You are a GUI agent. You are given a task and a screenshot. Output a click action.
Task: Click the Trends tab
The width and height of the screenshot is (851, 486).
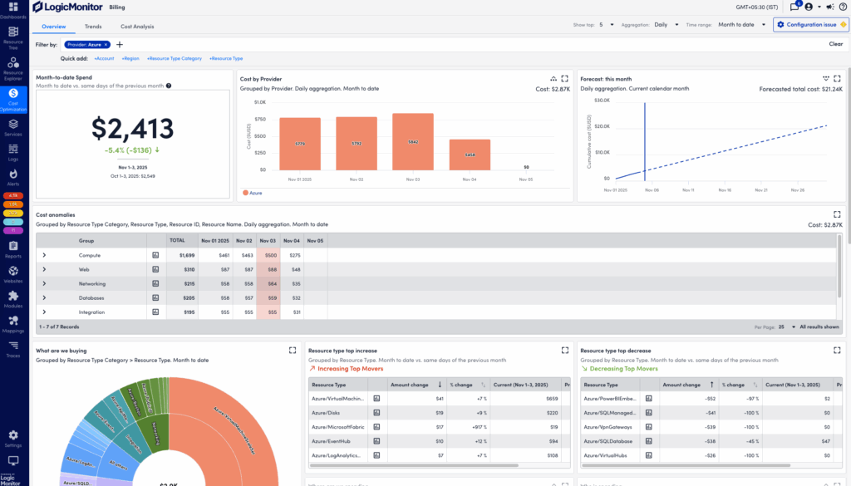click(x=93, y=27)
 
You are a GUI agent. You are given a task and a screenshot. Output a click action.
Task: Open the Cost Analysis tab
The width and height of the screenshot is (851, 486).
click(x=137, y=27)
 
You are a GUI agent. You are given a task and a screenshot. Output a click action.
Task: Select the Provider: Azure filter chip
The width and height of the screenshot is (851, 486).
click(x=86, y=44)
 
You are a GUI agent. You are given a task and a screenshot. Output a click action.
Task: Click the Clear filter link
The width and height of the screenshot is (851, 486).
click(x=835, y=44)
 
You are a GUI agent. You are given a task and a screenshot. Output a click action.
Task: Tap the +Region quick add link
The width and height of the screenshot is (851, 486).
click(x=130, y=59)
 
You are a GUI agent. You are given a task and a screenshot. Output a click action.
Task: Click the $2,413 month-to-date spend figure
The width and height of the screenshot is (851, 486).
click(x=133, y=129)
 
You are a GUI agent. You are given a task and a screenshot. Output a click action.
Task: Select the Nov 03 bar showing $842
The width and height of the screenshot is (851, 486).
click(x=413, y=142)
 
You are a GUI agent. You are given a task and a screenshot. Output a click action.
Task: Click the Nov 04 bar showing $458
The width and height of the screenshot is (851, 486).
click(x=470, y=155)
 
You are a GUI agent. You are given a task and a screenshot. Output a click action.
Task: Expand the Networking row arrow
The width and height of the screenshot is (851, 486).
click(x=43, y=284)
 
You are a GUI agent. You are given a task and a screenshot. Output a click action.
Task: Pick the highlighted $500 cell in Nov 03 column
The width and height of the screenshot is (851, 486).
click(x=269, y=255)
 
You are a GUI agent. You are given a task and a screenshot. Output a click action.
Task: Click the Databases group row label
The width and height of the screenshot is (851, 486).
click(x=91, y=298)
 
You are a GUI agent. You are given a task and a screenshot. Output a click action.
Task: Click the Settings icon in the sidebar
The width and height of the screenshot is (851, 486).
click(x=13, y=436)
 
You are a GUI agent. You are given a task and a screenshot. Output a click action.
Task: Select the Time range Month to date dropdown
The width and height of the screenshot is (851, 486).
click(x=741, y=25)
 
